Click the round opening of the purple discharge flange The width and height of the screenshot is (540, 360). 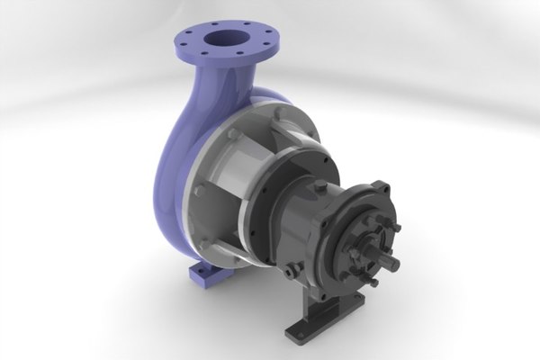point(222,40)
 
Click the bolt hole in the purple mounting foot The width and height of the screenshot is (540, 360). point(199,273)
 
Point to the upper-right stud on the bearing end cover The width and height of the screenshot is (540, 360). point(392,229)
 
